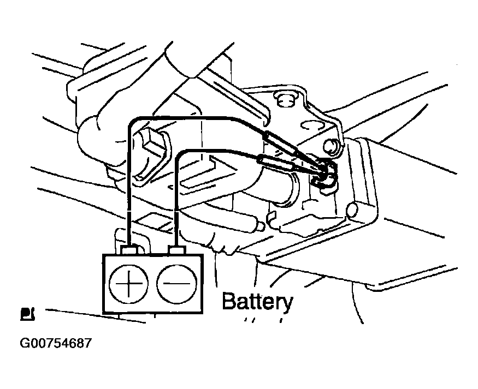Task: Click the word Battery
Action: [x=257, y=302]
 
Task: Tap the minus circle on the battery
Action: [x=176, y=285]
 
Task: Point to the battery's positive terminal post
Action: [x=129, y=251]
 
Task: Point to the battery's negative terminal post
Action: [x=176, y=251]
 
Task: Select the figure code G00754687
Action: [x=55, y=344]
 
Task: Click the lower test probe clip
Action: [x=276, y=163]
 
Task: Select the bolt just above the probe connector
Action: [x=331, y=146]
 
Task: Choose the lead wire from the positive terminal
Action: [x=128, y=180]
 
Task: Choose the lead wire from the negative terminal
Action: [x=176, y=191]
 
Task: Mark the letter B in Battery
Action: [x=229, y=301]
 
